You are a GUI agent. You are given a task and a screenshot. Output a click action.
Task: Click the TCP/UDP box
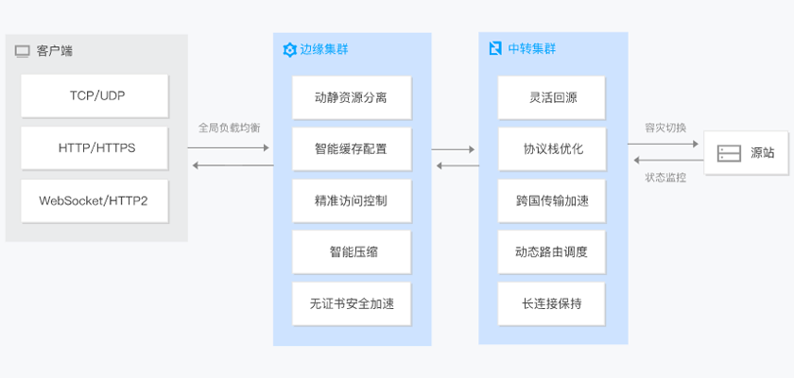point(95,96)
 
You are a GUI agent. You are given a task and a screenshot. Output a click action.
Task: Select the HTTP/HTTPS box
point(95,148)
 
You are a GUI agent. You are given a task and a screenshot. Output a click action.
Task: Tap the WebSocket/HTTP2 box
point(95,200)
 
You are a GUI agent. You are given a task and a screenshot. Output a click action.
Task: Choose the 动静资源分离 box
point(352,96)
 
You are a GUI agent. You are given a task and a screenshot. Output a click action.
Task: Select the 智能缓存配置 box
point(352,148)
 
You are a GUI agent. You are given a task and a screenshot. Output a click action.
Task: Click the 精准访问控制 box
point(352,200)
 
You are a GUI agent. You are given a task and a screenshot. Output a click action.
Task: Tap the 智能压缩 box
point(352,252)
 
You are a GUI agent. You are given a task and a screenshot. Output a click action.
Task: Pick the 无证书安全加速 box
point(352,304)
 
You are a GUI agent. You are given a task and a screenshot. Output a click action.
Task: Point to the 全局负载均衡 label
point(230,128)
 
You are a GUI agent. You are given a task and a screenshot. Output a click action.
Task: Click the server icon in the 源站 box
point(729,153)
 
